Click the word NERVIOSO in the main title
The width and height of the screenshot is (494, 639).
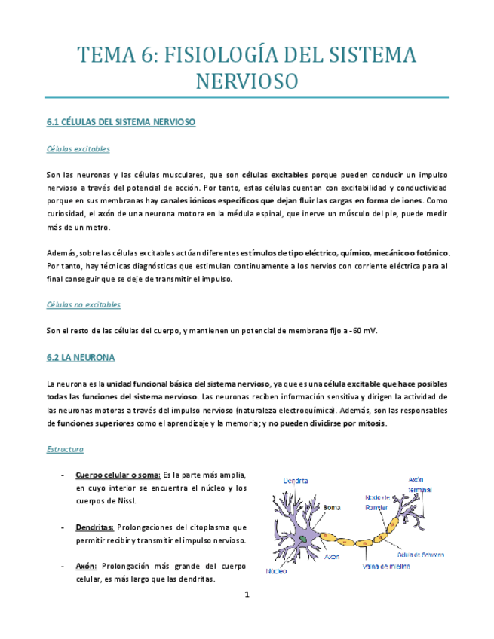click(247, 81)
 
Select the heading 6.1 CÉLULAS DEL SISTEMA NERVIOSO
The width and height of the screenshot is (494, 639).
click(121, 121)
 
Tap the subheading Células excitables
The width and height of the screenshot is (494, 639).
click(78, 149)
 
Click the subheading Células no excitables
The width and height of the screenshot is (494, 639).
click(83, 304)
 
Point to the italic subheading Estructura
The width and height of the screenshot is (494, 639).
click(65, 449)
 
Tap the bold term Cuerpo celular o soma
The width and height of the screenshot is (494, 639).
click(118, 475)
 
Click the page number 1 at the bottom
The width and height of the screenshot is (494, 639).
click(247, 595)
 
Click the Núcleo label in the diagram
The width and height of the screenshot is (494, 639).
click(276, 571)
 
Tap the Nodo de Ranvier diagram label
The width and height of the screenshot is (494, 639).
click(378, 502)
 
